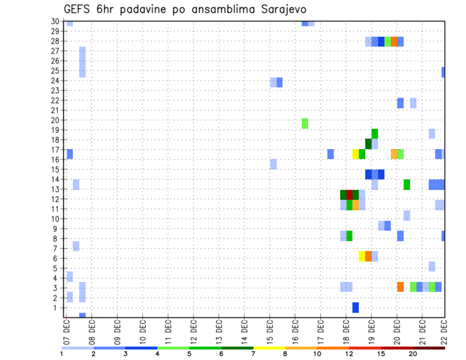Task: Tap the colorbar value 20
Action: pyautogui.click(x=413, y=354)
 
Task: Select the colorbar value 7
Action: pyautogui.click(x=253, y=354)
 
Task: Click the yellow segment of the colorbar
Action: pyautogui.click(x=269, y=348)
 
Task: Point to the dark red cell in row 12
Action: pyautogui.click(x=349, y=194)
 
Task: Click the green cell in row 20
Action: pyautogui.click(x=305, y=123)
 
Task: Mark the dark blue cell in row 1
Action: pyautogui.click(x=356, y=308)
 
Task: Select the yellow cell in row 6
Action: pyautogui.click(x=362, y=256)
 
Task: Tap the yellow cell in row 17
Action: pyautogui.click(x=356, y=154)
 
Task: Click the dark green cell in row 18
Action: pyautogui.click(x=368, y=144)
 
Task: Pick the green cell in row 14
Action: pyautogui.click(x=407, y=184)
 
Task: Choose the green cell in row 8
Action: pyautogui.click(x=349, y=236)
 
